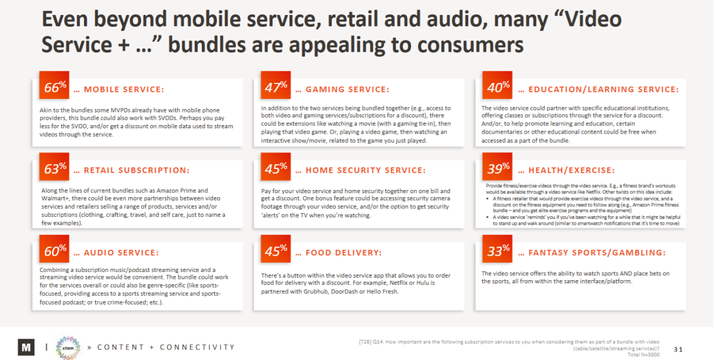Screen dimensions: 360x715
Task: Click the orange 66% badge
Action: (x=55, y=88)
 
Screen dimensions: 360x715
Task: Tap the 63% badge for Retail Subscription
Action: (x=55, y=169)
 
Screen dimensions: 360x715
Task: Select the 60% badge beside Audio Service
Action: (x=55, y=251)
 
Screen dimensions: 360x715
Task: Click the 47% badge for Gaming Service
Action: (x=276, y=88)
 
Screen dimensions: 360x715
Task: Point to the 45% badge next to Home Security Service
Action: (x=276, y=169)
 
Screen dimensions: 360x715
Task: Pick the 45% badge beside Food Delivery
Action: (x=276, y=251)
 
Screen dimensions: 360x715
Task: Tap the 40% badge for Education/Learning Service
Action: (x=498, y=88)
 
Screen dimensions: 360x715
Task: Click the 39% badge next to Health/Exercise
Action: (x=498, y=169)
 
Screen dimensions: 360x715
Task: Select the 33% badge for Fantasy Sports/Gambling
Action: (x=498, y=251)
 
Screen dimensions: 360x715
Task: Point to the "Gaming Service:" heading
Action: (x=347, y=90)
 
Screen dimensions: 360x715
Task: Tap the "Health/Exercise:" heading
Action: (x=571, y=171)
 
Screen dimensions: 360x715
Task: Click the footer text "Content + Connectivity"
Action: (x=166, y=347)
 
